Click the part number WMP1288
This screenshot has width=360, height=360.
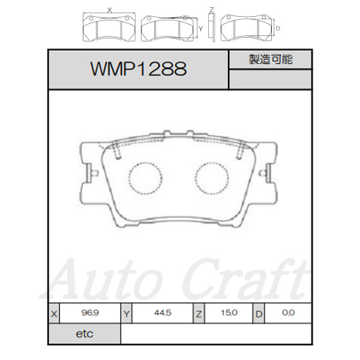point(139,68)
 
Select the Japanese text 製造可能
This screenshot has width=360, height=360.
point(271,59)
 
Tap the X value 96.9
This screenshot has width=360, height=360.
point(90,313)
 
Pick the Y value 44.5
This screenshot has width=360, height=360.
point(163,313)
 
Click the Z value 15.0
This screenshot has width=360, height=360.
point(229,313)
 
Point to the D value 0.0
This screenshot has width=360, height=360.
point(289,313)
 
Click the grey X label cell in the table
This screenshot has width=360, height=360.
point(54,313)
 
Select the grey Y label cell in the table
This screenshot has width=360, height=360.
point(127,313)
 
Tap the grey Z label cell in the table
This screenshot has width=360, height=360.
point(199,313)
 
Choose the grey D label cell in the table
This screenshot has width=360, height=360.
point(259,313)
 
